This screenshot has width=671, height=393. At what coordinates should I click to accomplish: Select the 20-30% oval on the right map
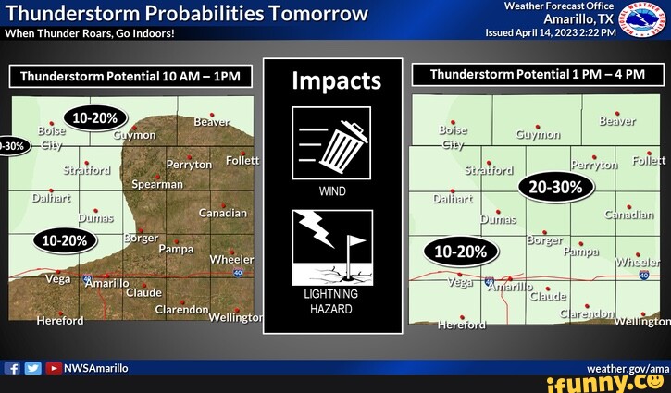tap(555, 187)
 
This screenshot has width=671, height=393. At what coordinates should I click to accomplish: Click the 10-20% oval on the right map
tap(461, 252)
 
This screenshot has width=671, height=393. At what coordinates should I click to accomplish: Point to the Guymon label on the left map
tap(135, 135)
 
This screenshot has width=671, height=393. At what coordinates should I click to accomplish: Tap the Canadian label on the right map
tap(628, 215)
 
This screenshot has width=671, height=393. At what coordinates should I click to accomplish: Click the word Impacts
tap(336, 80)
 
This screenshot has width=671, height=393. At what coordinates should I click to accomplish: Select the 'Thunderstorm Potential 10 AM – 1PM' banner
tap(130, 76)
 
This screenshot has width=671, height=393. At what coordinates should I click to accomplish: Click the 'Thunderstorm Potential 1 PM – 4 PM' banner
tap(537, 74)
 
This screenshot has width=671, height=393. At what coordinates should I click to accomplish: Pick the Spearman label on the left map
tap(157, 184)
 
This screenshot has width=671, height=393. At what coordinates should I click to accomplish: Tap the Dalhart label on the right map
tap(453, 199)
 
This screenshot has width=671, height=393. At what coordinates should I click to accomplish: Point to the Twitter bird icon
tap(32, 368)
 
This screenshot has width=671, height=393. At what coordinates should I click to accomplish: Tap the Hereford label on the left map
tap(59, 321)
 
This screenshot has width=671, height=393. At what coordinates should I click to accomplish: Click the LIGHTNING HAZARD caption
tap(330, 301)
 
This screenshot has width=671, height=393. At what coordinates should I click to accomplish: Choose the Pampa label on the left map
tap(176, 249)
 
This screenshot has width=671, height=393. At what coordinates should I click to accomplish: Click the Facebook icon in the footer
tap(13, 368)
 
